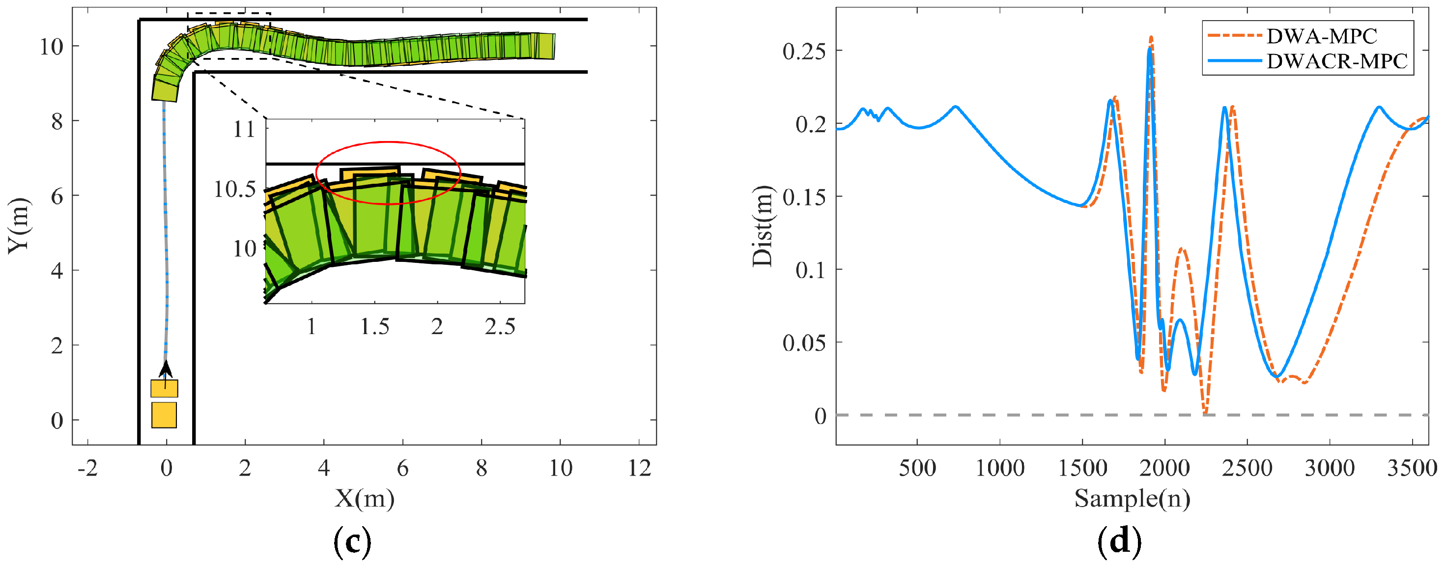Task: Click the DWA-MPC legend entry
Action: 1321,36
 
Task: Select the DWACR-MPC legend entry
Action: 1337,61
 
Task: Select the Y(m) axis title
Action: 18,226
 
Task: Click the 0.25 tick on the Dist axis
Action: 804,51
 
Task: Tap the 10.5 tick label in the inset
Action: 234,190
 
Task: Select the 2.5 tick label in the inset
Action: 500,326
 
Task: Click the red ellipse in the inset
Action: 388,142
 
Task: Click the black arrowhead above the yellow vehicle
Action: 166,369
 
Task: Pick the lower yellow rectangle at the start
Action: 164,415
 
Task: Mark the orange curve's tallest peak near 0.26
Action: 1152,37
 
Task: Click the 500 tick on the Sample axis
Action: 917,468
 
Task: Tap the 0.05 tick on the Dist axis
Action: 804,342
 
